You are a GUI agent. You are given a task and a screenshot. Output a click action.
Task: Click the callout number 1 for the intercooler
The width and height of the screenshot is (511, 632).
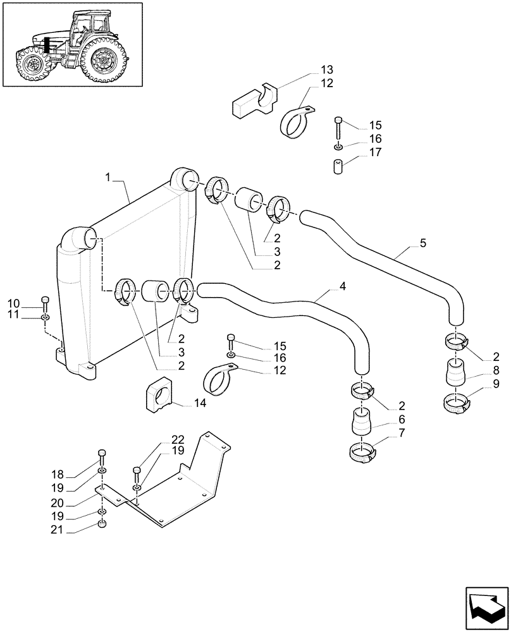click(x=109, y=180)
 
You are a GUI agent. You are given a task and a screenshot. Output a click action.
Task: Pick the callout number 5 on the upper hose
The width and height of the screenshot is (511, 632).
click(x=422, y=242)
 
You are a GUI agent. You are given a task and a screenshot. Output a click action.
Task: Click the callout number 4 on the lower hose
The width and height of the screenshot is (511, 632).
click(x=342, y=286)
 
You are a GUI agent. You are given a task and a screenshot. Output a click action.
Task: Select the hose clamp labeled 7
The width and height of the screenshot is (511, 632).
click(x=362, y=451)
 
